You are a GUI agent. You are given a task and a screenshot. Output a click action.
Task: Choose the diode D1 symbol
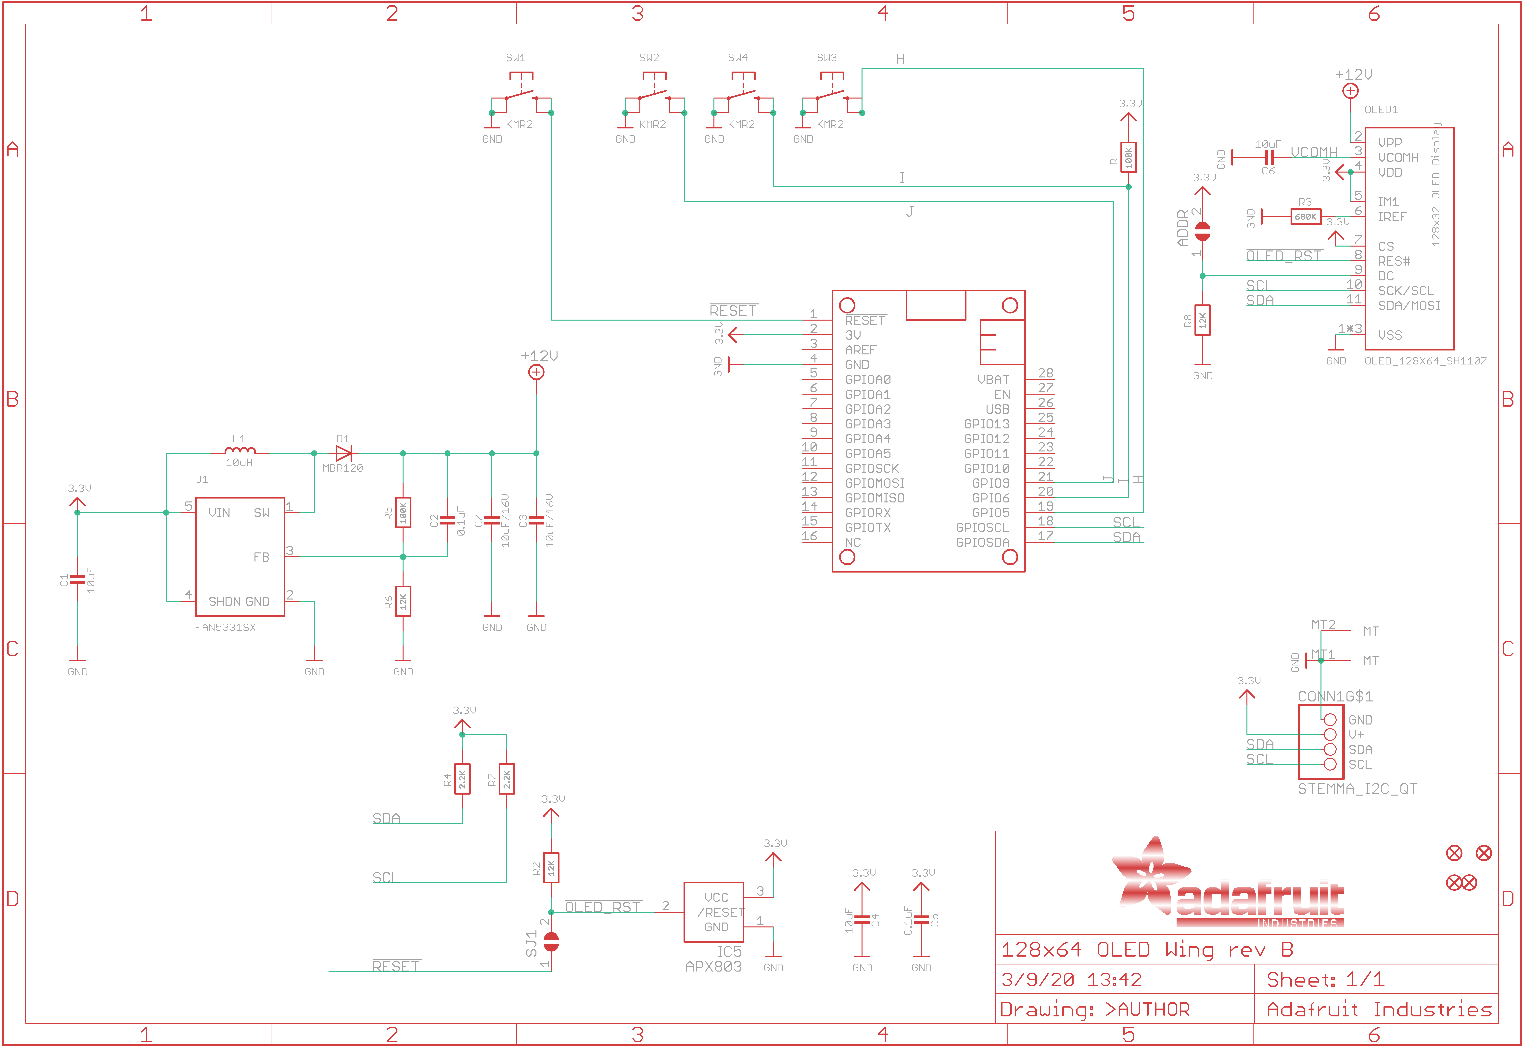click(343, 453)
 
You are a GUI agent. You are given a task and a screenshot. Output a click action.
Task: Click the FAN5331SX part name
click(225, 627)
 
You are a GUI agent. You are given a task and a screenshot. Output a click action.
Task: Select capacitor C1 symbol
click(77, 579)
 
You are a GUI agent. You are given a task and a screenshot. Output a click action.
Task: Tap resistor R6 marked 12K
click(403, 601)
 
